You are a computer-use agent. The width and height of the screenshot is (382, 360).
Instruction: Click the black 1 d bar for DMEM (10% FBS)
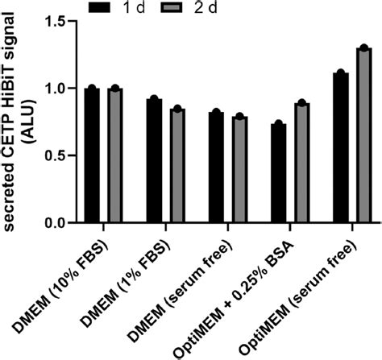click(92, 155)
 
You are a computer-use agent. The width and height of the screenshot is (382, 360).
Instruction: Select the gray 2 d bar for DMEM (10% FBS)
click(114, 155)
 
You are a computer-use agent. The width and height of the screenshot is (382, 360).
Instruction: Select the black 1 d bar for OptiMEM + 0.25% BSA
click(278, 173)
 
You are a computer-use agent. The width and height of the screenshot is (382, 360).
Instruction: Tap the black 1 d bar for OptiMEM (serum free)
click(340, 147)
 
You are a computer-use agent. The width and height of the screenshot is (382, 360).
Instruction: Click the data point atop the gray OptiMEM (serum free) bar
click(363, 48)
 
